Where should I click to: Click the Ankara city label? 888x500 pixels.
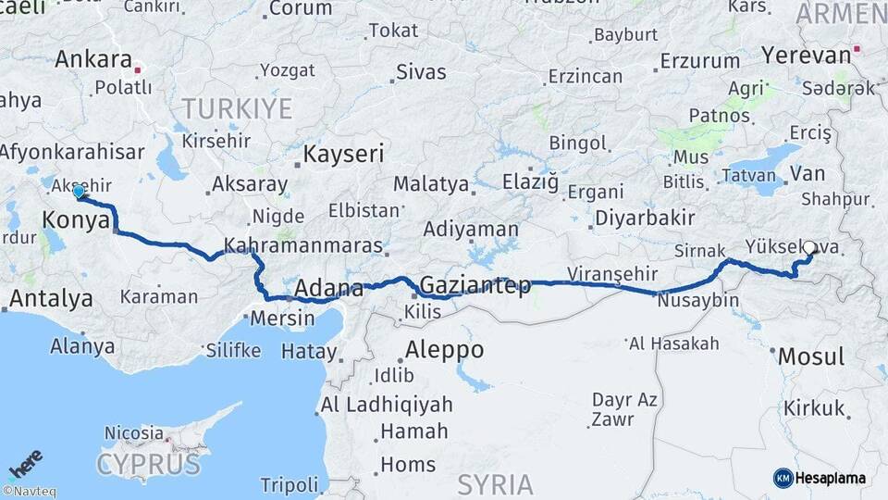[x=93, y=60]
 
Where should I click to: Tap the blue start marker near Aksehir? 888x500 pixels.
[x=79, y=192]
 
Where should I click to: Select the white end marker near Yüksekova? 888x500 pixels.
[x=810, y=248]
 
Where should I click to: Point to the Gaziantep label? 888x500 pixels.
[x=475, y=284]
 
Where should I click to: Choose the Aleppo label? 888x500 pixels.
[x=444, y=350]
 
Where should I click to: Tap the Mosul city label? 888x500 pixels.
[x=810, y=356]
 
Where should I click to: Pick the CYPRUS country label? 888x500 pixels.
[x=148, y=463]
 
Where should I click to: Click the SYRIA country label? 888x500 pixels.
[x=496, y=483]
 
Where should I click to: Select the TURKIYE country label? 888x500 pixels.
[x=237, y=109]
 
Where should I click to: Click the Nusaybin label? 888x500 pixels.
[x=697, y=301]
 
